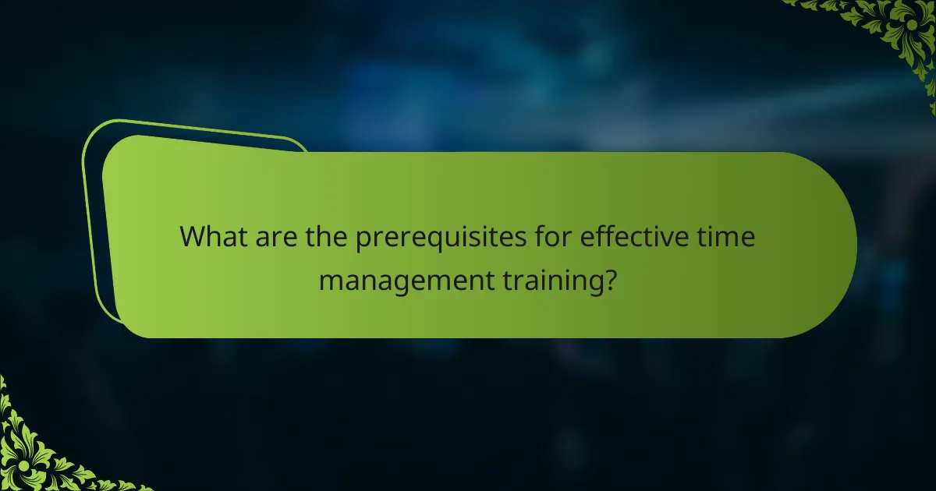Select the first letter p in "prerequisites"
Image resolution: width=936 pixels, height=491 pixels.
[x=363, y=240]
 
